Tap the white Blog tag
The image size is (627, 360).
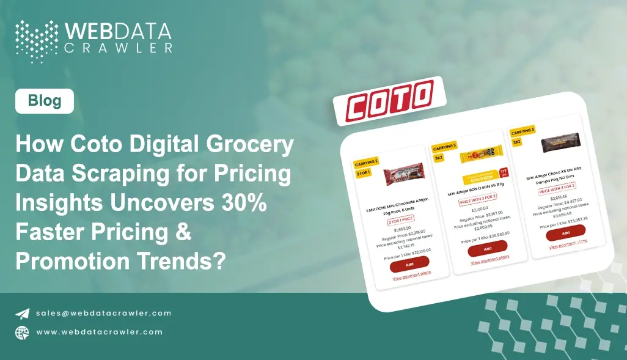[45, 101]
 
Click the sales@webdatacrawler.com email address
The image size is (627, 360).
[103, 313]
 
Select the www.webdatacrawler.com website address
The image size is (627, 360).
[99, 332]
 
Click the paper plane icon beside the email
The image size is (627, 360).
[23, 314]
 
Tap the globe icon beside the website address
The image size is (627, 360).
[23, 332]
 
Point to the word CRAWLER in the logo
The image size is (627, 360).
[120, 47]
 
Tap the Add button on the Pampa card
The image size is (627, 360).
[565, 232]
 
